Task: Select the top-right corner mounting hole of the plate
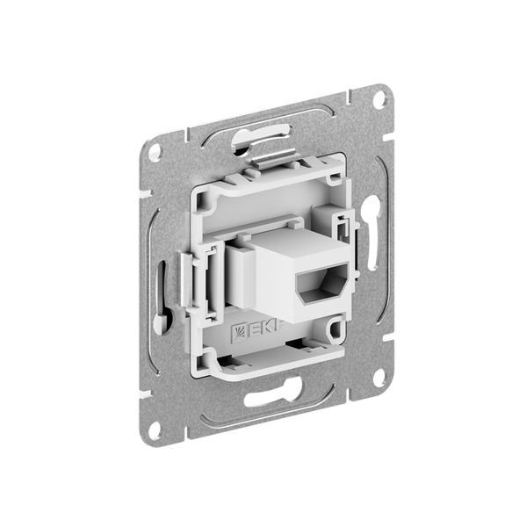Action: click(379, 99)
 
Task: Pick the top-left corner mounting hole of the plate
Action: click(155, 151)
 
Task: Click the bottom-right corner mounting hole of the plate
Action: click(379, 378)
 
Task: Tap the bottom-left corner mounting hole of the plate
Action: click(155, 430)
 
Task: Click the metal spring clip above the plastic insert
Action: click(277, 159)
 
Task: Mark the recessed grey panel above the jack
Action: click(263, 206)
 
